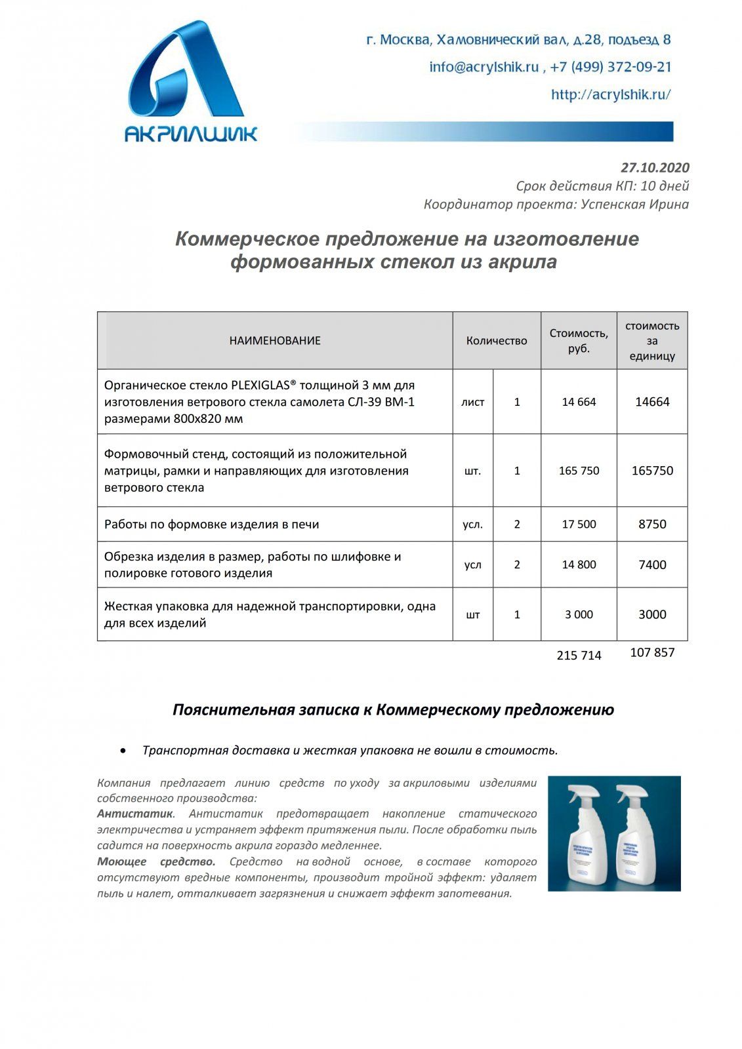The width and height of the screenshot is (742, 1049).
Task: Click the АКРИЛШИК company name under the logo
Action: tap(191, 134)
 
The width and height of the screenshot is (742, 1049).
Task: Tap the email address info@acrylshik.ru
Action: tap(484, 67)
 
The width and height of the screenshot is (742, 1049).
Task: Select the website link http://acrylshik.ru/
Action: tap(610, 94)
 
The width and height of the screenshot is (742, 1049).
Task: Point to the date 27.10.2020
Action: tap(654, 168)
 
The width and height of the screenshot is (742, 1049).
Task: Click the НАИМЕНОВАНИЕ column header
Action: tap(275, 341)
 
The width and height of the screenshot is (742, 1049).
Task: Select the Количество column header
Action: tap(496, 341)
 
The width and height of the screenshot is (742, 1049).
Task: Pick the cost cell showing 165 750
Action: tap(578, 471)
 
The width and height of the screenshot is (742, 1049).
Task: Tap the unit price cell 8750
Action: tap(651, 524)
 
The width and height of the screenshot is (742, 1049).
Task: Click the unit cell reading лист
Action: tap(472, 403)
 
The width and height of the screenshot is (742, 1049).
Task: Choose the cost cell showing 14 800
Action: tap(578, 564)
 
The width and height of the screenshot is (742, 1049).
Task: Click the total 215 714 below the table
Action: tap(578, 655)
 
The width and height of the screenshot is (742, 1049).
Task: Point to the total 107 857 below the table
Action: tap(651, 652)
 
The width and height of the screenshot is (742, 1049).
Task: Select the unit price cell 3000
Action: tap(651, 615)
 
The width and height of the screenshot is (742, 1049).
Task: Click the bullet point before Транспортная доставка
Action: tap(123, 750)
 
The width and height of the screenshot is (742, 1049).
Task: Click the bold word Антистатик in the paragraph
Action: tap(134, 814)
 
